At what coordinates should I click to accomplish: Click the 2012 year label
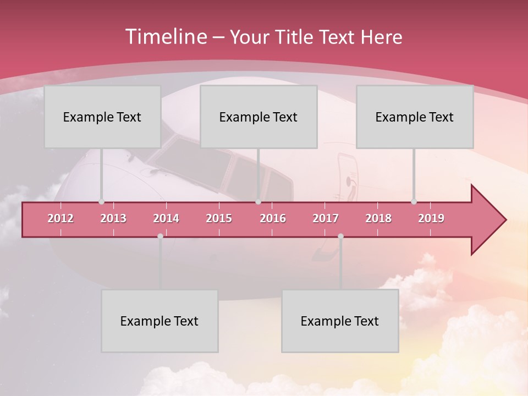point(61,218)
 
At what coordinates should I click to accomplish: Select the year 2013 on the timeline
point(113,218)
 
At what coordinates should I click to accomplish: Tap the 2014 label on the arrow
point(166,218)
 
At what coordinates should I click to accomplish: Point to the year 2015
point(219,218)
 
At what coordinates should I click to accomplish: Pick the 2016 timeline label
point(273,218)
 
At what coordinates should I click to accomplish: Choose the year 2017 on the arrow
point(326,218)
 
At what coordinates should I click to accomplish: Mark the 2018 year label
point(378,218)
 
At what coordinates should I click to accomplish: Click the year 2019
point(431,218)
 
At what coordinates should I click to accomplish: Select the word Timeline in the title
point(166,37)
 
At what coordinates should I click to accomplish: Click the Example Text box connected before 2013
point(102,117)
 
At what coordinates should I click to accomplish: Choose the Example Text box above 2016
point(258,117)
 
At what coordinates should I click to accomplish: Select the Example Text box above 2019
point(415,117)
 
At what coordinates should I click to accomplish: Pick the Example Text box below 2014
point(159,321)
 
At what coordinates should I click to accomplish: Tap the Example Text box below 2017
point(340,321)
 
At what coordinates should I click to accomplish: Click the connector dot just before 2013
point(101,202)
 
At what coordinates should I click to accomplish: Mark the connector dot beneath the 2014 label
point(160,236)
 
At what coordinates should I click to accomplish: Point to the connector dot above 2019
point(414,202)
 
